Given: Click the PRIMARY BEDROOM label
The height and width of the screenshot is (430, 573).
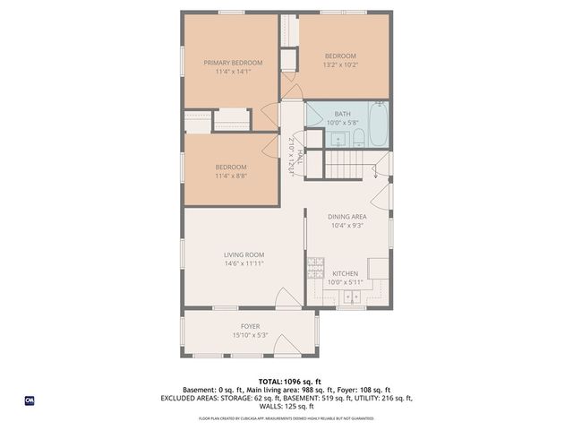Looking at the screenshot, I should (x=233, y=63).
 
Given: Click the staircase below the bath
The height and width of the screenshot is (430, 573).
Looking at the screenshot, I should (x=346, y=165).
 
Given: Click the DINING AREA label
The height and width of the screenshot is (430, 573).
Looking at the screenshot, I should (x=346, y=216).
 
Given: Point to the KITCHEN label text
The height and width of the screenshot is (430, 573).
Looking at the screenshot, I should (x=346, y=273).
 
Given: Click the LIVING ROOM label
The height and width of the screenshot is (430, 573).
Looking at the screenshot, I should (x=244, y=255).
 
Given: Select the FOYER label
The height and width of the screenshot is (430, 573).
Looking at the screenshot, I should (x=250, y=326).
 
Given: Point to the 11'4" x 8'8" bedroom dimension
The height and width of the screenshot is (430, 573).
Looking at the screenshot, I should (x=231, y=176).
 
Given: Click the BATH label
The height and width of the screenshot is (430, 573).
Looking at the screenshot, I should (x=342, y=114).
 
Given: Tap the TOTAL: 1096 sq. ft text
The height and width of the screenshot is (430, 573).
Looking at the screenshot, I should (x=286, y=382).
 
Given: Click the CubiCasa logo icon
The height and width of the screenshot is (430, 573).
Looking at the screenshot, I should (x=30, y=400).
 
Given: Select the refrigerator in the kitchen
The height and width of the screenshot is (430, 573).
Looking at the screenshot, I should (x=378, y=267).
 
